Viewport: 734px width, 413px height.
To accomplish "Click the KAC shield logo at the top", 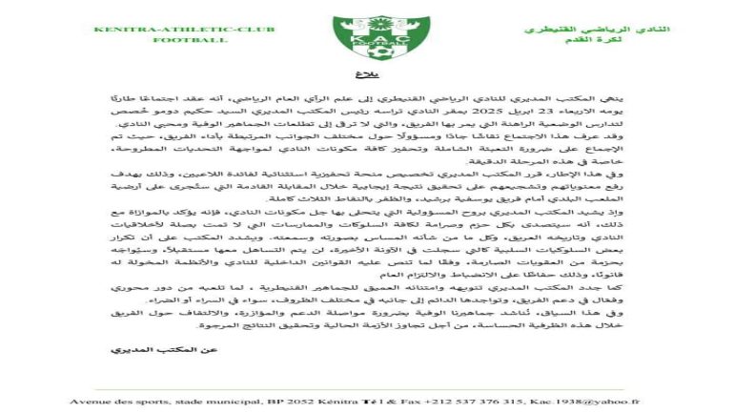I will pos(367,36).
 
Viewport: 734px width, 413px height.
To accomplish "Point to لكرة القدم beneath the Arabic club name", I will pos(636,42).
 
